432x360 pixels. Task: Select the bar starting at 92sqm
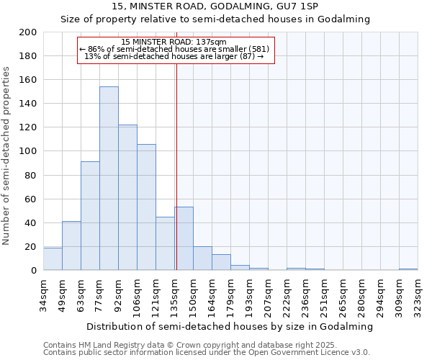coord(127,197)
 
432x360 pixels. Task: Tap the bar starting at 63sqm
coord(90,216)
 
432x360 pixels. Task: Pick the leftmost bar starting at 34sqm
coord(53,259)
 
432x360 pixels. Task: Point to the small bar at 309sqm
coord(408,269)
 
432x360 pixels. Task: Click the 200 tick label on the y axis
coord(28,32)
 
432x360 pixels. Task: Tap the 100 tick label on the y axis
coord(28,151)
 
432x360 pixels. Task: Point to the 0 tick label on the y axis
coord(33,271)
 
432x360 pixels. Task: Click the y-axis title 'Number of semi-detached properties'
coord(7,156)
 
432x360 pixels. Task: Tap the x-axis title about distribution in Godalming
coord(230,326)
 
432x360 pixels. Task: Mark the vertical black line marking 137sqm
coord(176,180)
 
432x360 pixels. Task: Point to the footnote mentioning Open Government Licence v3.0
coord(207,353)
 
